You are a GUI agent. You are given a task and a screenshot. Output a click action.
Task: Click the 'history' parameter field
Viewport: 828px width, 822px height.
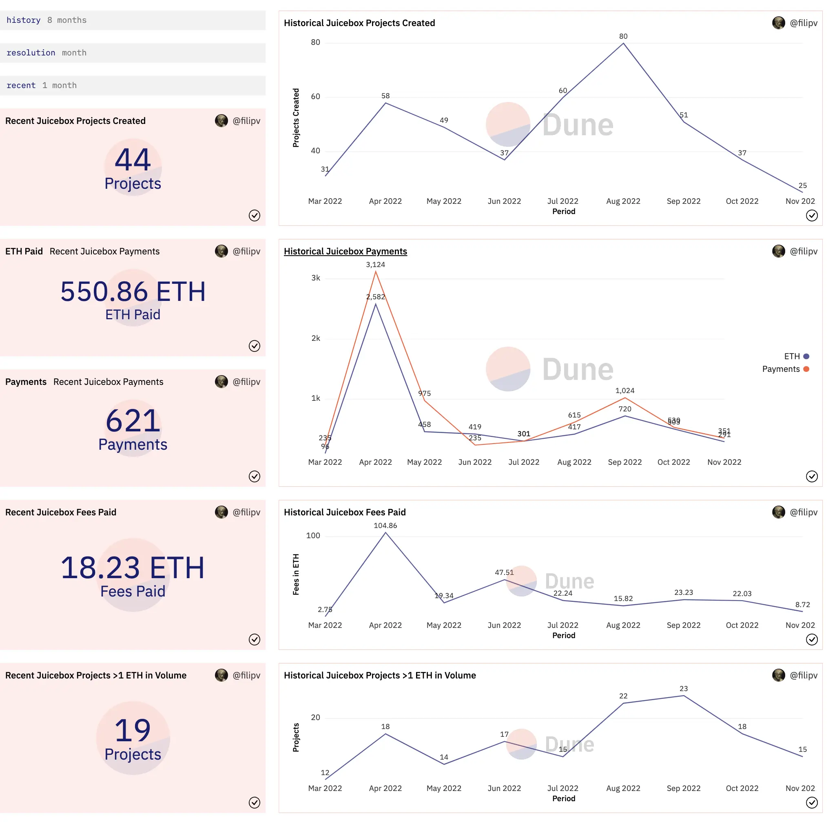tap(133, 20)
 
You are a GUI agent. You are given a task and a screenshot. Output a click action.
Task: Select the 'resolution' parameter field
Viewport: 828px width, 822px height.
tap(133, 53)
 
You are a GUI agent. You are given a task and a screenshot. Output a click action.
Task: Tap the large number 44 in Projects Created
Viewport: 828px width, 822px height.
tap(133, 159)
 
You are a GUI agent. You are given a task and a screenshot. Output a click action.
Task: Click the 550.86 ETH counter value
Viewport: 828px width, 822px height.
tap(133, 292)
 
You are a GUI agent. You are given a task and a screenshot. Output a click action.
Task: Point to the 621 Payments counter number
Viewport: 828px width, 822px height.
tap(133, 421)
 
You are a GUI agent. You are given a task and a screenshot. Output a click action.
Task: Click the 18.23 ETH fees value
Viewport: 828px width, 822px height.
tap(133, 568)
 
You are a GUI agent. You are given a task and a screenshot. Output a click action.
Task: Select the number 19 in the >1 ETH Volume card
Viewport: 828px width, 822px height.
tap(133, 730)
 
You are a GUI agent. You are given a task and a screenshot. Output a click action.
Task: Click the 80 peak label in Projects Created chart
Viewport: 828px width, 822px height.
tap(623, 36)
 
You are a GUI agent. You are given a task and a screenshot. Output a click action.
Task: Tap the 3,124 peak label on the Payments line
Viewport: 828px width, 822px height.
tap(375, 265)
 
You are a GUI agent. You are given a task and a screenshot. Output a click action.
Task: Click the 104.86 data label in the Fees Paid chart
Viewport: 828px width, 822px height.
tap(385, 526)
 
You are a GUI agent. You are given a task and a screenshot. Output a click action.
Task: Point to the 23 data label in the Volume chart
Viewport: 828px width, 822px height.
tap(683, 689)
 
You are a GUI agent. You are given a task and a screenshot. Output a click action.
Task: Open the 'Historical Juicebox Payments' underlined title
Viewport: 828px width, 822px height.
tap(345, 252)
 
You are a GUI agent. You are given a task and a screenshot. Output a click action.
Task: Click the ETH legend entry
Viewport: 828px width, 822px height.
tap(796, 356)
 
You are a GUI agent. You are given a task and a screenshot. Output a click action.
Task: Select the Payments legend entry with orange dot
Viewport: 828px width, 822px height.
tap(785, 369)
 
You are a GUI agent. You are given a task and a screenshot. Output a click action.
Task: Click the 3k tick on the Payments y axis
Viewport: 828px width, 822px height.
tap(315, 278)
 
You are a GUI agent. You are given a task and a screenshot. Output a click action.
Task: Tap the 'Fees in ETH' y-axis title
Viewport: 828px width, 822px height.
tap(296, 575)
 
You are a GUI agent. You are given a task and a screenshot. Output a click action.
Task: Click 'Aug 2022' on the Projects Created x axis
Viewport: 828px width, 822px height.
tap(623, 201)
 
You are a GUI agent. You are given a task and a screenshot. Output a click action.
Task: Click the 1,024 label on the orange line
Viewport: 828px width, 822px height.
tap(624, 391)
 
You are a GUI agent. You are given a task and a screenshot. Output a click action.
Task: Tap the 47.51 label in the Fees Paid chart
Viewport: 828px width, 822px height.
tap(504, 572)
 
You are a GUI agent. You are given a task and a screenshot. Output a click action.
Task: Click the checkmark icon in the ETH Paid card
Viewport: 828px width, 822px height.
tap(254, 346)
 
